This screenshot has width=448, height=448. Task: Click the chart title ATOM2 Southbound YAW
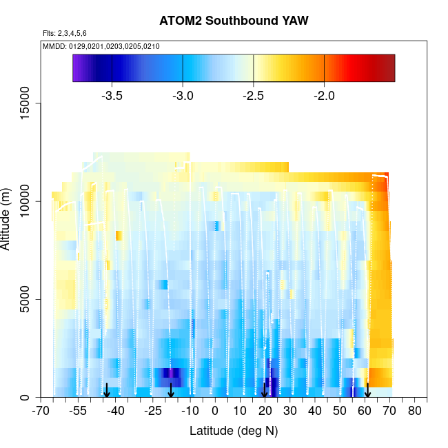click(234, 21)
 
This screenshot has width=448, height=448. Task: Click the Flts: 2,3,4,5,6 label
click(65, 33)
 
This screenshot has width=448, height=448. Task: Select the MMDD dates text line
click(101, 46)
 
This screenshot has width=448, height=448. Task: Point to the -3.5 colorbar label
click(112, 96)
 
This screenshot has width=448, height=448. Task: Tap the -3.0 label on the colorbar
click(183, 96)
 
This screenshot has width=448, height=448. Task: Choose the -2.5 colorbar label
click(254, 96)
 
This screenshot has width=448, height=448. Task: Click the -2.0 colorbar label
click(324, 96)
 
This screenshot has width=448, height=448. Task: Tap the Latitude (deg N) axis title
click(234, 431)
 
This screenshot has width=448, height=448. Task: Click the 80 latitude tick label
click(415, 411)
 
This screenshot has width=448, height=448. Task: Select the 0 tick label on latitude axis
click(215, 411)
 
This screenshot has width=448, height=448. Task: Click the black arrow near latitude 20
click(265, 391)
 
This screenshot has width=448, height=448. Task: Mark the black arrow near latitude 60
click(368, 391)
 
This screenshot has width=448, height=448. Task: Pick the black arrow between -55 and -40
click(106, 391)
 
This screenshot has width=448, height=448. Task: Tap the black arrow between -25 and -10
click(171, 391)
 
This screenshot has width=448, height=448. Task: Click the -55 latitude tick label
click(79, 411)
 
